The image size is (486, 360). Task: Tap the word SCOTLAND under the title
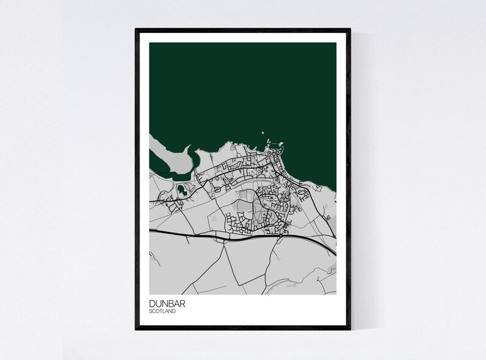tap(162, 312)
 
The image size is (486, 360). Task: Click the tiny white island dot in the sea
tap(262, 131)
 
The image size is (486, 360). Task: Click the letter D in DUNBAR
tap(152, 304)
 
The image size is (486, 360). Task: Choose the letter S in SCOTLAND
tap(151, 312)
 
